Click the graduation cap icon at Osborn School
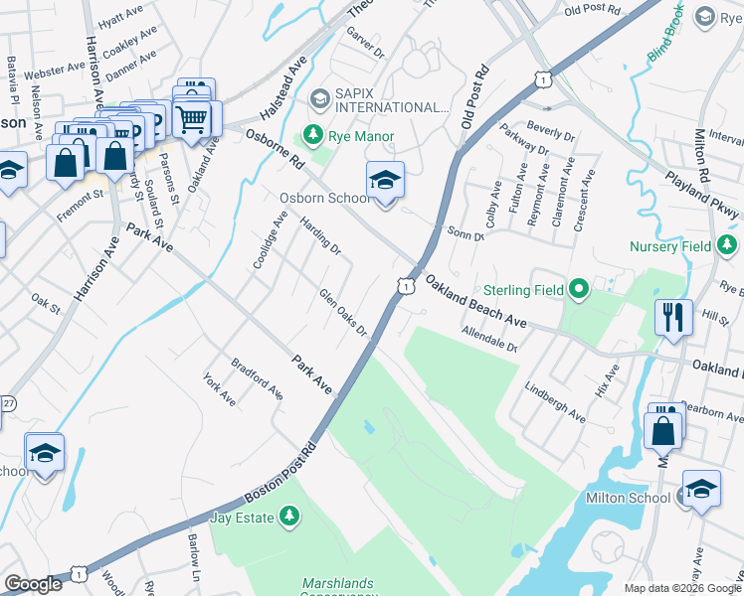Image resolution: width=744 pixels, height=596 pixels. tap(385, 180)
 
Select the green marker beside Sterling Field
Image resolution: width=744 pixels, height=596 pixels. tap(578, 290)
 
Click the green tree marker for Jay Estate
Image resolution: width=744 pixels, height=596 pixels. tap(288, 517)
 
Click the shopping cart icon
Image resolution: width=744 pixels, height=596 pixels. tap(191, 118)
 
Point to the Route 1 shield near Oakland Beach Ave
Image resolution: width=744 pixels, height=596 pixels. tap(405, 286)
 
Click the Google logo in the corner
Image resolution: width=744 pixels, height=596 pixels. tap(34, 584)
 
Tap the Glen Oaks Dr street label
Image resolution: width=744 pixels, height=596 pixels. tap(344, 312)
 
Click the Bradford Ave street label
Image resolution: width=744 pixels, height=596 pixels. tap(258, 378)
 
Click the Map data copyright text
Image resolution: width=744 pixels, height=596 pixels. tap(682, 588)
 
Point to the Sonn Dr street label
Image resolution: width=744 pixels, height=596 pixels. tap(465, 233)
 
